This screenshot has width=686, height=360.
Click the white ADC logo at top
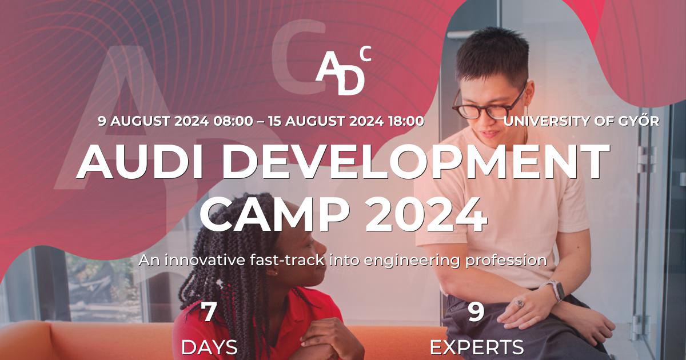(x=342, y=71)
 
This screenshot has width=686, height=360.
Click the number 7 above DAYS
(x=209, y=313)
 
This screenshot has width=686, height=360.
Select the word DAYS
(x=209, y=347)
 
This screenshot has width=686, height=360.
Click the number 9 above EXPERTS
(x=476, y=313)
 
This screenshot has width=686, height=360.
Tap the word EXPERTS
(x=476, y=347)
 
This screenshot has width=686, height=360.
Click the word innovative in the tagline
(x=201, y=261)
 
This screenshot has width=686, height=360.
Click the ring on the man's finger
(x=519, y=302)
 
